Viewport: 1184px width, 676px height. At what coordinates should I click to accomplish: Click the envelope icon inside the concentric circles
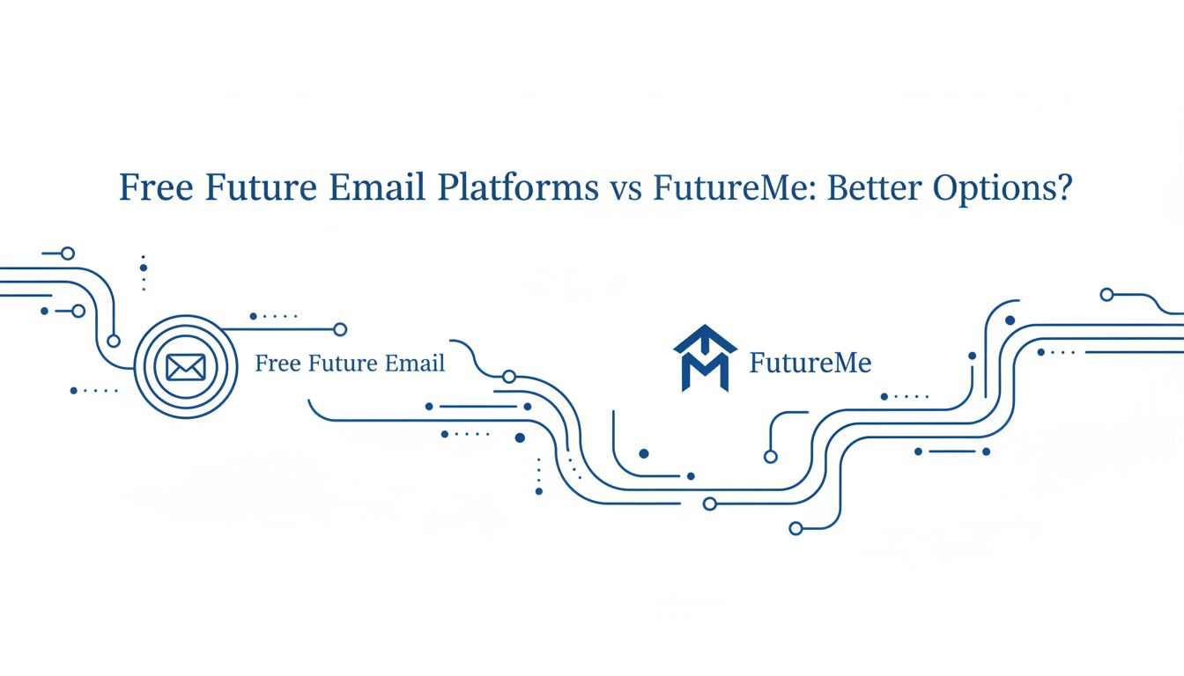pyautogui.click(x=185, y=367)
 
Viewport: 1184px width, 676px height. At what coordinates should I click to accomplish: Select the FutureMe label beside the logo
pyautogui.click(x=810, y=363)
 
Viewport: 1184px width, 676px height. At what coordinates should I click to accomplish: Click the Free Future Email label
pyautogui.click(x=350, y=364)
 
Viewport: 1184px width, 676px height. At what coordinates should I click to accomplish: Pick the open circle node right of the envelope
pyautogui.click(x=340, y=329)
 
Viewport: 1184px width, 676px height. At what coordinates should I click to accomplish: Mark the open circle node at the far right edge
pyautogui.click(x=1106, y=295)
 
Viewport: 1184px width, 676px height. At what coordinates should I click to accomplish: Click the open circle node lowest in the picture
pyautogui.click(x=795, y=528)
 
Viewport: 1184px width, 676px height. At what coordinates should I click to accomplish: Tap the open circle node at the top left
pyautogui.click(x=68, y=253)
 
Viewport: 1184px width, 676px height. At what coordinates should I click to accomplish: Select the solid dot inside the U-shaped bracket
pyautogui.click(x=644, y=453)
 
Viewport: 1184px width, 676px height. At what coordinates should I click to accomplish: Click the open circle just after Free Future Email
pyautogui.click(x=508, y=377)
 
